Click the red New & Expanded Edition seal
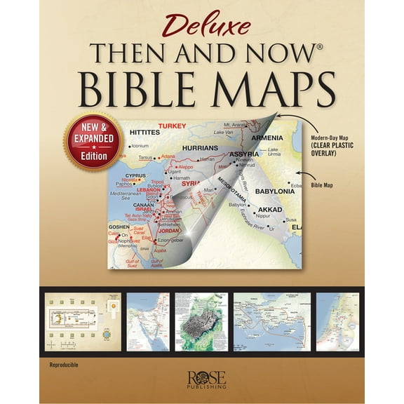tap(93, 141)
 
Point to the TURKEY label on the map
tap(172, 126)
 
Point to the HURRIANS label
tap(201, 148)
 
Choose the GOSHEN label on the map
tap(119, 227)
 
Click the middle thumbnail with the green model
tap(201, 321)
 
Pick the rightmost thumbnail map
tap(337, 321)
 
